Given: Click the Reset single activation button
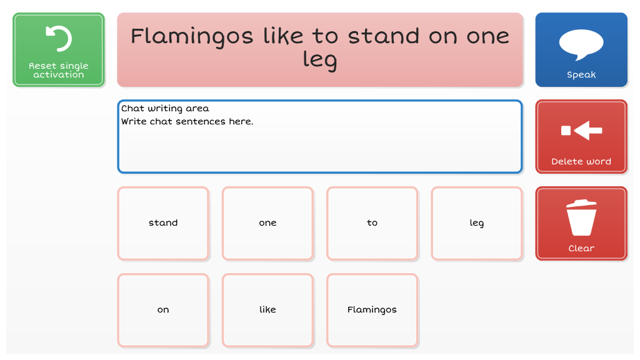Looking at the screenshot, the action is click(x=59, y=50).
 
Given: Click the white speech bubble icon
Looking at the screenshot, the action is click(x=581, y=45).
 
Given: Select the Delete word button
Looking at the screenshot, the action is click(x=581, y=137).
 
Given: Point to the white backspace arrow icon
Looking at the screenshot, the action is click(x=582, y=131).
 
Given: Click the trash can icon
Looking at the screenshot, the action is click(x=581, y=217).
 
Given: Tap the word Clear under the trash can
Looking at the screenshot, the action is click(x=581, y=248).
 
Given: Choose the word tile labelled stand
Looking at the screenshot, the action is click(x=163, y=223).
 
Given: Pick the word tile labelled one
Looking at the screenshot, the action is click(x=267, y=223).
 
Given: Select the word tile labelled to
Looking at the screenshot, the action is click(x=372, y=223).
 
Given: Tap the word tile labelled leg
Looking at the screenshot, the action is click(x=477, y=223).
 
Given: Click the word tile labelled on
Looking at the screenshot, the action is click(x=163, y=310).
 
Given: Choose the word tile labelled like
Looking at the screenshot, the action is click(x=267, y=310).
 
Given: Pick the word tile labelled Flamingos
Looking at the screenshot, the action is click(x=372, y=310).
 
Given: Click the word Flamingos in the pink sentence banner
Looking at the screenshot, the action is click(x=192, y=37).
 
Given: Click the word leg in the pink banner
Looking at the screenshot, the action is click(x=320, y=61).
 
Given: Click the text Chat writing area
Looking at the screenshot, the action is click(x=165, y=109).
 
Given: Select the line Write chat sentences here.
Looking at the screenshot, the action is click(x=187, y=122).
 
